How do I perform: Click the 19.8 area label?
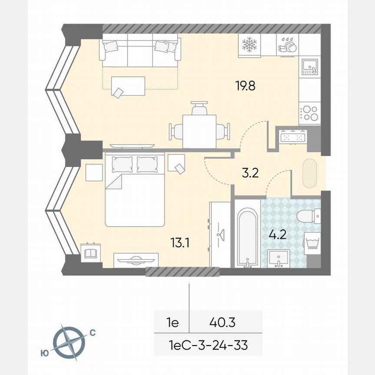click(x=245, y=86)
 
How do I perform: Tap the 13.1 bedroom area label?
click(x=180, y=243)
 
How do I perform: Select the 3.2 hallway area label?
click(x=250, y=174)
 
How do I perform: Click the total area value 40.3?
click(x=220, y=322)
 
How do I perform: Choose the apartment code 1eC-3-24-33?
click(x=208, y=345)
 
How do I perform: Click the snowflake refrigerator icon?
click(x=250, y=44)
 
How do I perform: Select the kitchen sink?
click(x=309, y=66)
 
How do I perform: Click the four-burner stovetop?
click(x=309, y=113)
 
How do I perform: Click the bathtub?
click(x=247, y=238)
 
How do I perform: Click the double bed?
click(x=135, y=189)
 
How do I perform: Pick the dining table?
click(x=199, y=131)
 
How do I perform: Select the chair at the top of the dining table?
click(x=199, y=108)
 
